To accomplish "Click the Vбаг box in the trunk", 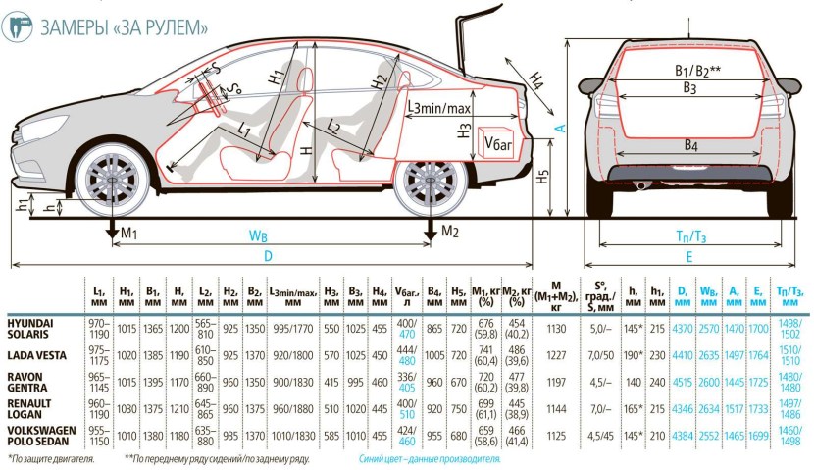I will click(x=501, y=144).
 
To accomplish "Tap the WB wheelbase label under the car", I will click(x=258, y=235).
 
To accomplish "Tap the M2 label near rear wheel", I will click(x=449, y=232).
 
